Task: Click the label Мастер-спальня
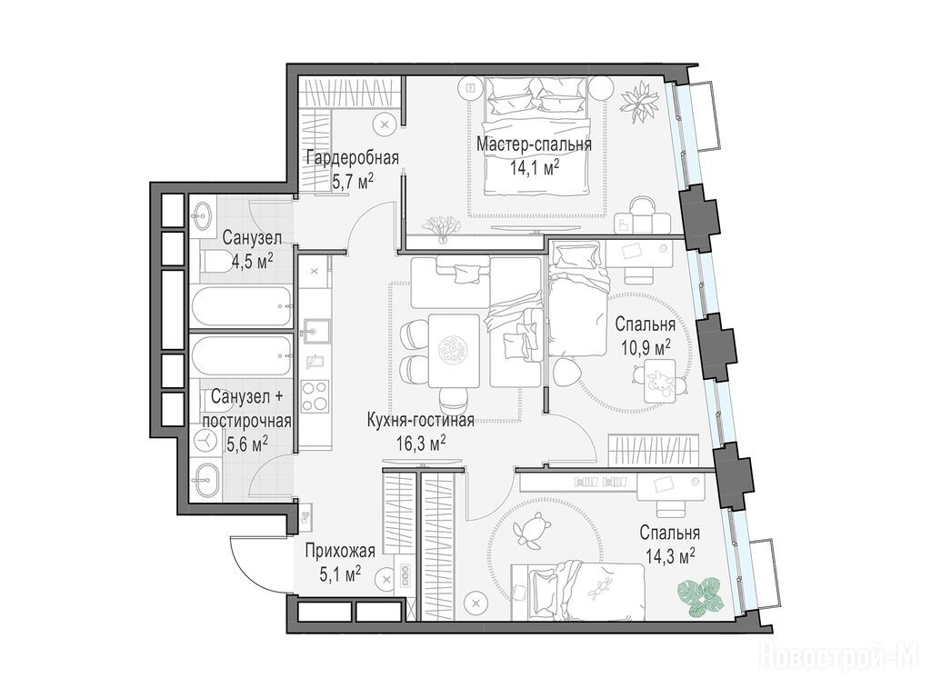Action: click(x=534, y=145)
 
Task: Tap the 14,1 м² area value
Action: click(x=535, y=167)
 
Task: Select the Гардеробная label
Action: click(x=352, y=157)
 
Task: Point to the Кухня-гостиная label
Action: click(x=420, y=421)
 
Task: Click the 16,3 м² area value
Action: click(x=421, y=443)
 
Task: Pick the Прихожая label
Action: click(x=340, y=552)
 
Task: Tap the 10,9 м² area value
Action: click(x=646, y=347)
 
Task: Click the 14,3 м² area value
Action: click(x=670, y=555)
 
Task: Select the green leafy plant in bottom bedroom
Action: click(x=702, y=596)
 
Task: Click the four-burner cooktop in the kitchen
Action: click(x=315, y=396)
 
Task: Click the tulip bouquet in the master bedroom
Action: click(x=441, y=227)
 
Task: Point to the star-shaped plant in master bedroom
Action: click(x=640, y=103)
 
